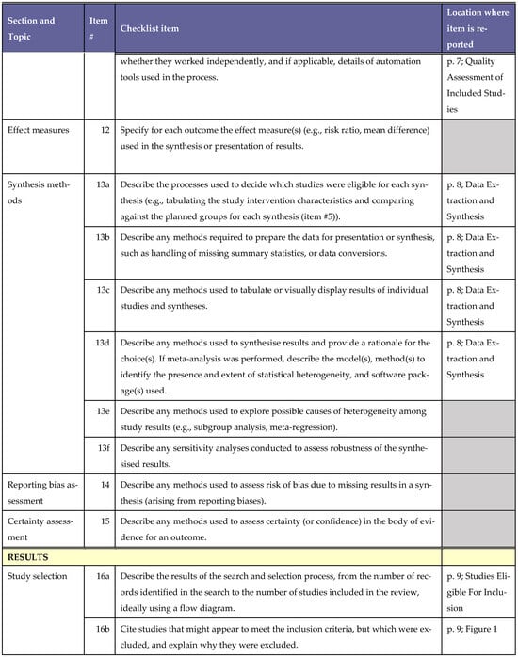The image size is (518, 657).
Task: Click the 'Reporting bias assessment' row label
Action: coord(42,489)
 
